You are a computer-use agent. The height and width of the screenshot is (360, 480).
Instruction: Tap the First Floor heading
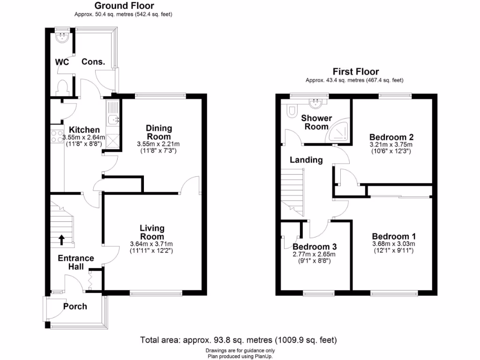[x=355, y=72]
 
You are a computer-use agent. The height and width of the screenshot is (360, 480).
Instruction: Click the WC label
[x=62, y=62]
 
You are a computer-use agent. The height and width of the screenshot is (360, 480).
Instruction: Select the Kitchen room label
[x=84, y=130]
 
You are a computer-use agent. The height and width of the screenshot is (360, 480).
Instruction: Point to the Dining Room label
[x=159, y=132]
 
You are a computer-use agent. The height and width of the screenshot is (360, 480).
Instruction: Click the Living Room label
[x=152, y=232]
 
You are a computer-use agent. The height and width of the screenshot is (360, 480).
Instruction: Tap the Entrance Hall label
[x=75, y=262]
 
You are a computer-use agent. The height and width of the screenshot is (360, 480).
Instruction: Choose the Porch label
[x=75, y=306]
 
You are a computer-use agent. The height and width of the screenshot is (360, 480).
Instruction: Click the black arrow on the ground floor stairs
[x=61, y=240]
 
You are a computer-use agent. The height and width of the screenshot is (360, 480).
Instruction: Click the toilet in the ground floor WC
[x=62, y=88]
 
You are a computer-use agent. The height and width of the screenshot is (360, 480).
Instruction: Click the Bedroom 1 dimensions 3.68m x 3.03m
[x=393, y=244]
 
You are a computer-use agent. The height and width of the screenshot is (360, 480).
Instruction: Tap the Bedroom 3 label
[x=315, y=247]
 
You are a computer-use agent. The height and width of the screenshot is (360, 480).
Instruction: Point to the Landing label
[x=306, y=160]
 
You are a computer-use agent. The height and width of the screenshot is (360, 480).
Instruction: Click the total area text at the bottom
[x=239, y=340]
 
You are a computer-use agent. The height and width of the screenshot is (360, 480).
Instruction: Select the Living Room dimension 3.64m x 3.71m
[x=151, y=244]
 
